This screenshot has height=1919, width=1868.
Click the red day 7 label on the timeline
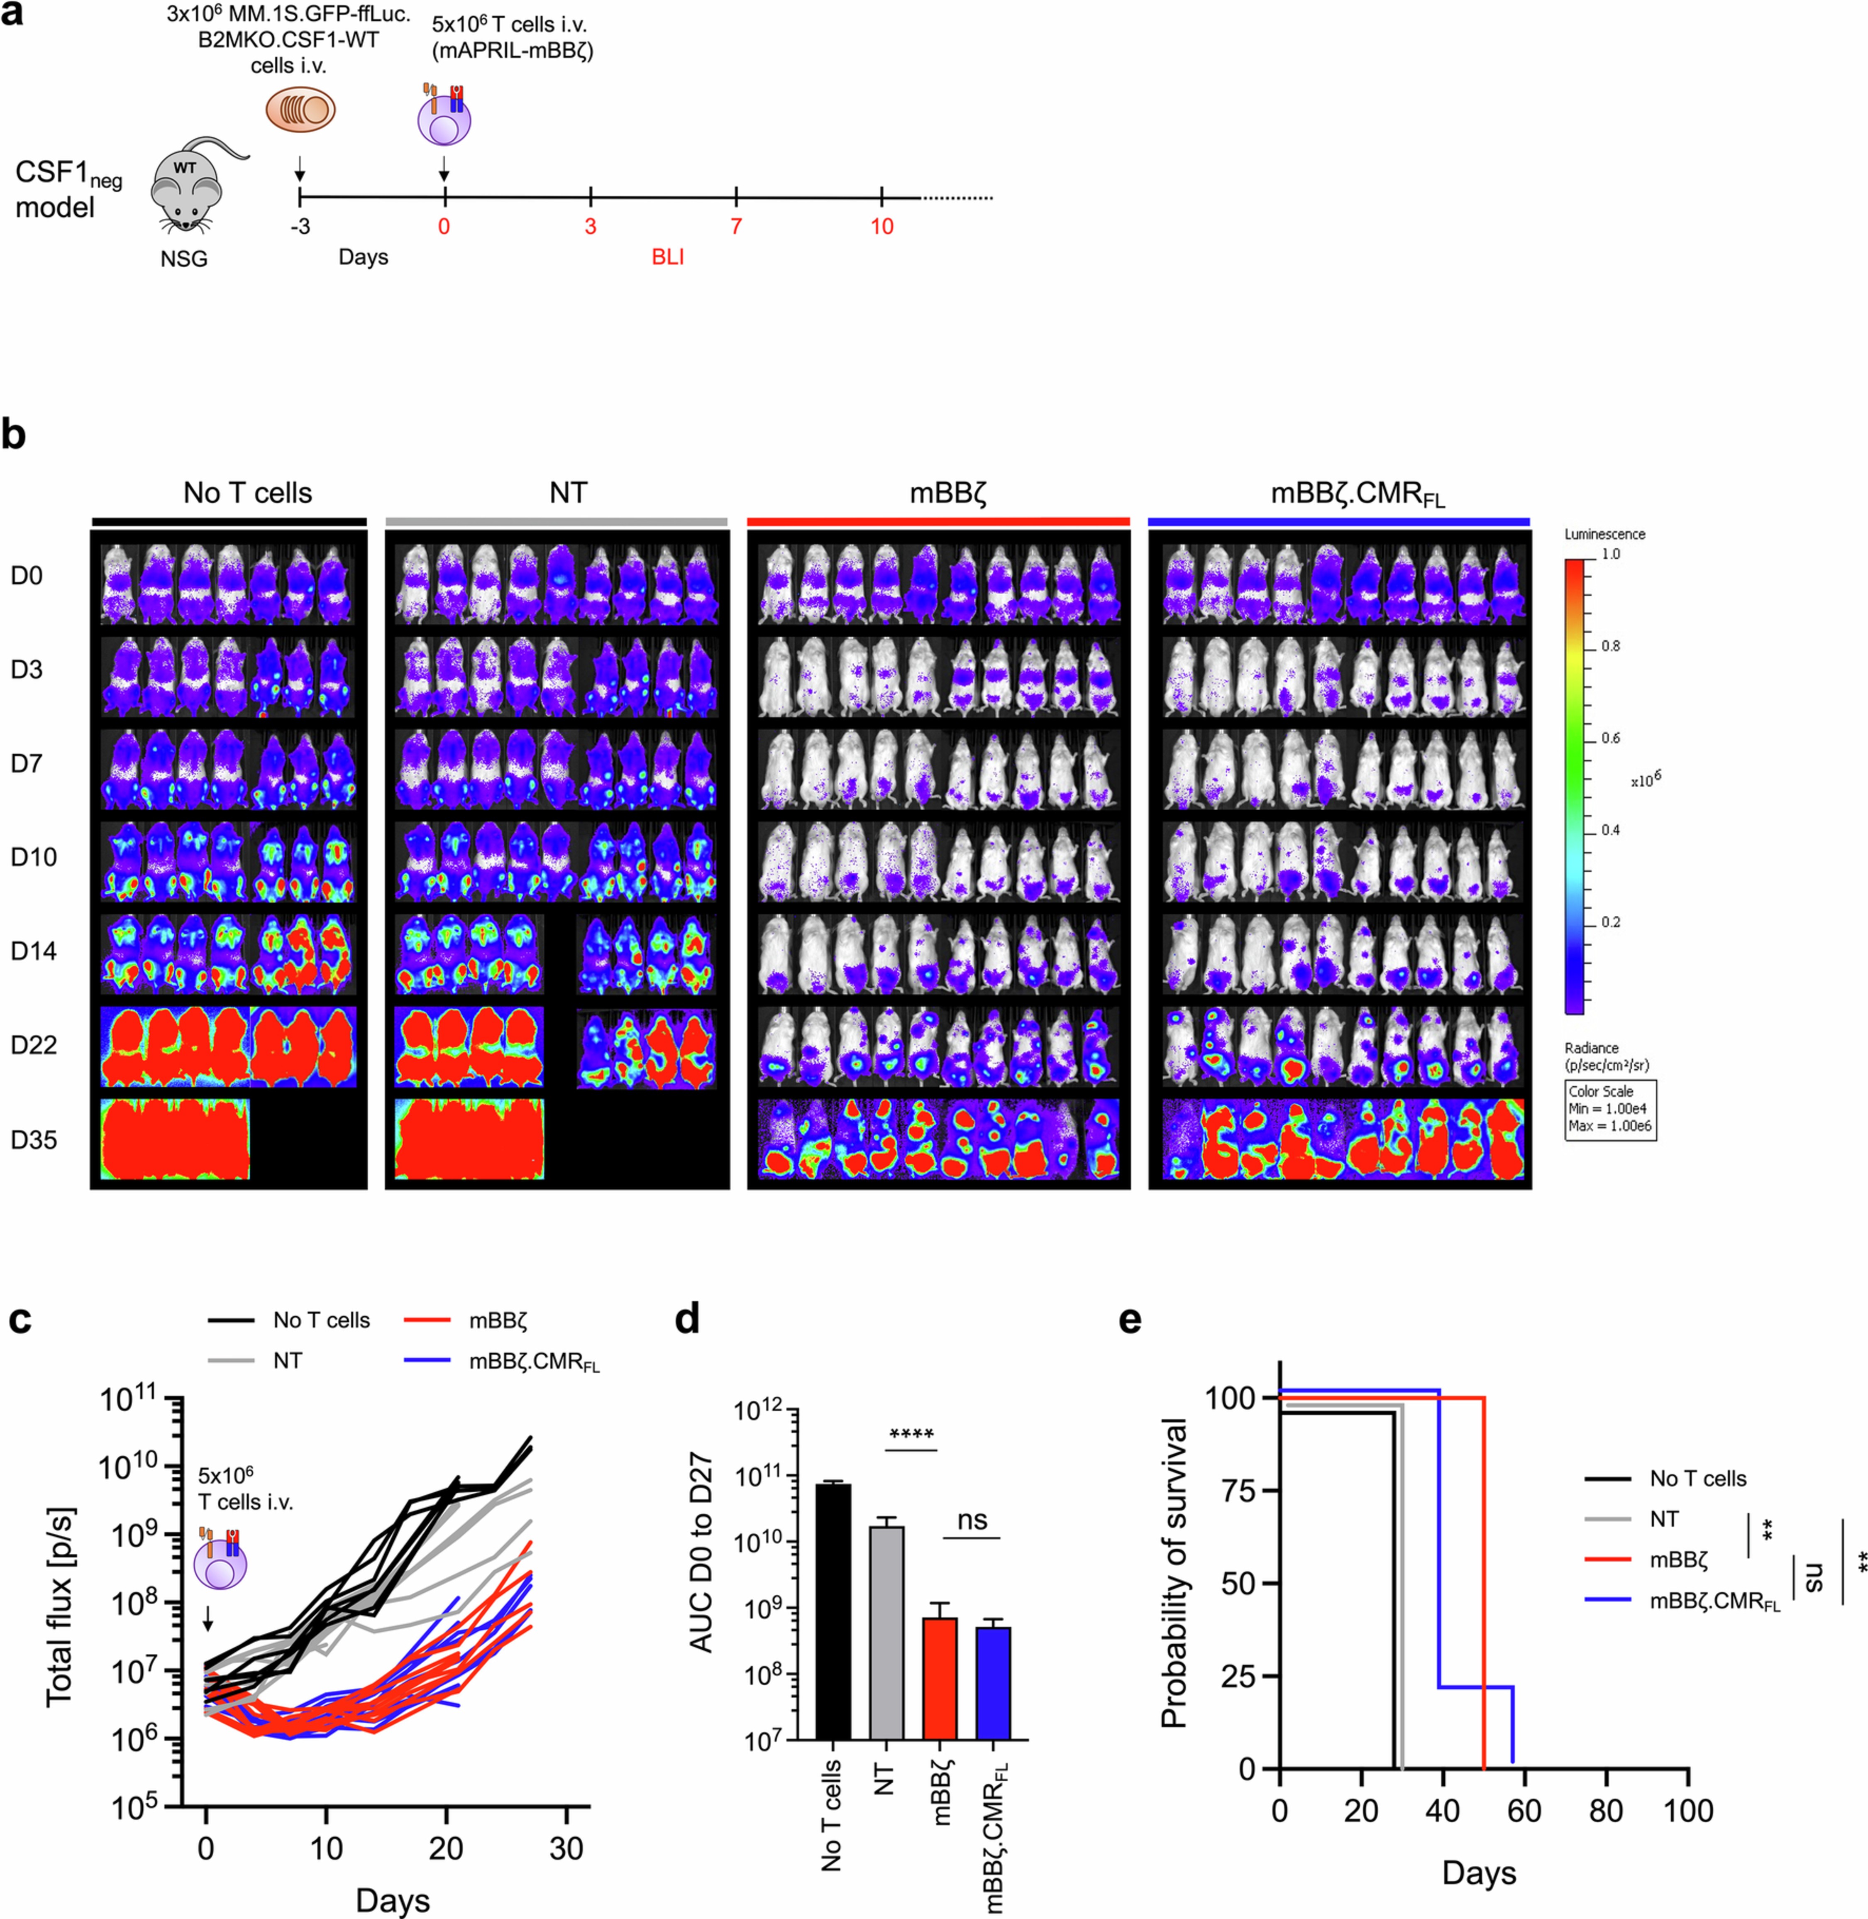coord(736,227)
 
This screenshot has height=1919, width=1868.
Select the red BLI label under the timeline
coord(667,257)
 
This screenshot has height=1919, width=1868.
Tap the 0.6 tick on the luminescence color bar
coord(1610,738)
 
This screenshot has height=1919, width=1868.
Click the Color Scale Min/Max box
coord(1610,1109)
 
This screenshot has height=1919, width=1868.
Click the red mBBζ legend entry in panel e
coord(1678,1559)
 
